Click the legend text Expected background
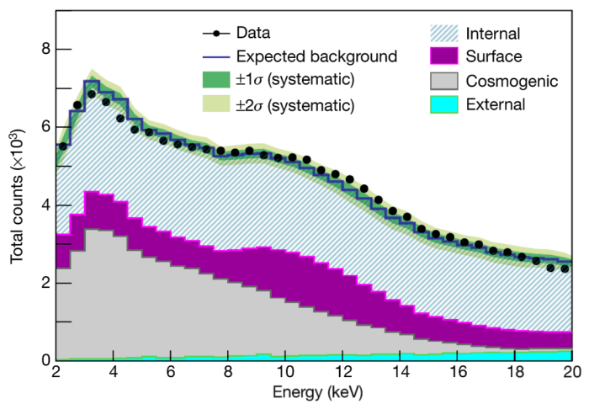point(316,57)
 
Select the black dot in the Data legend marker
point(216,34)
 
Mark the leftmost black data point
point(62,146)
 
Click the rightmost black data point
point(565,268)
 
